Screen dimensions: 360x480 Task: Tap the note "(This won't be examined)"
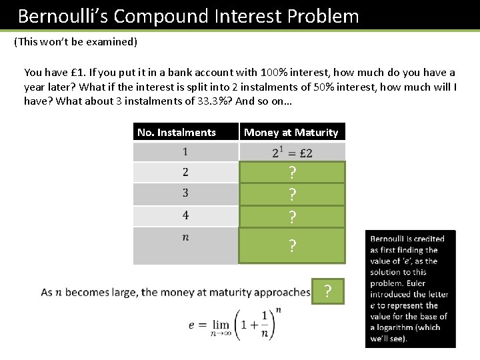75,42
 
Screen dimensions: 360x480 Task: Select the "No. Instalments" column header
177,132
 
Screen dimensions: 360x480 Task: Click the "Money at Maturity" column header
291,132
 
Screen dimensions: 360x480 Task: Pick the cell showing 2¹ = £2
292,152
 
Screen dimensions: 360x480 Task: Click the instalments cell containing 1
185,152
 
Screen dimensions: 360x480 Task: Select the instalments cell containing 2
185,173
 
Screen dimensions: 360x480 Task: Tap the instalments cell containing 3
185,193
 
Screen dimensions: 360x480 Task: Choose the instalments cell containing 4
185,215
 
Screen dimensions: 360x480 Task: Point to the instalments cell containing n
185,245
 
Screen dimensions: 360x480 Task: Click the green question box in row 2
292,173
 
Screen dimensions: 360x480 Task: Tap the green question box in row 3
292,195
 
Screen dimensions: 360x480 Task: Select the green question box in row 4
292,217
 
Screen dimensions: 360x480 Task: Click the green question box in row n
292,245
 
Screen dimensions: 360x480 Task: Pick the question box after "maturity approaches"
327,291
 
